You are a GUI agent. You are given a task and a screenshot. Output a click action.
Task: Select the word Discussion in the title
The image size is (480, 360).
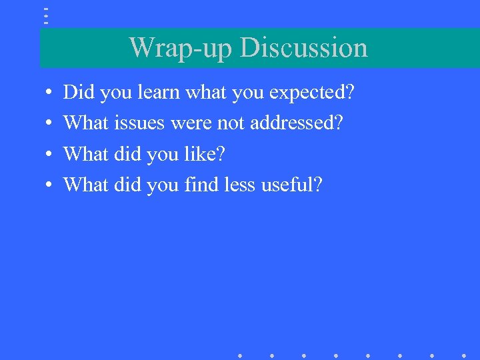point(303,48)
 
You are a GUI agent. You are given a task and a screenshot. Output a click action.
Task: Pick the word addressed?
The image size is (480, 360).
point(297,123)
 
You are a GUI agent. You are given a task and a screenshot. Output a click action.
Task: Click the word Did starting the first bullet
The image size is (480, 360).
point(79,93)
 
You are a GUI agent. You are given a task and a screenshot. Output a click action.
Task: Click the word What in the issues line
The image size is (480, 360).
point(86,123)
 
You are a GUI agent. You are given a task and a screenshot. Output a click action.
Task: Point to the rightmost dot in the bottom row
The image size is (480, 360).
point(464,355)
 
